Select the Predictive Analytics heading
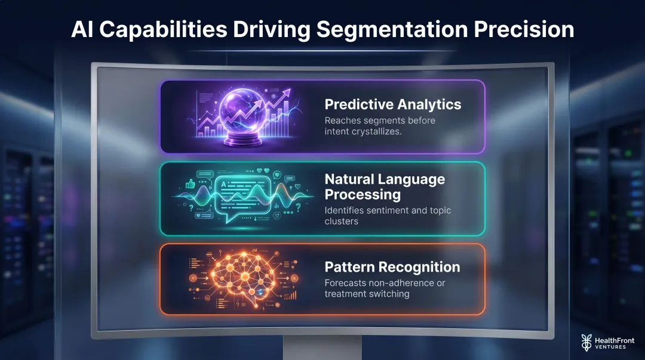pos(392,104)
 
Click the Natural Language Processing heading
pos(384,187)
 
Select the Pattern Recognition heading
pos(392,267)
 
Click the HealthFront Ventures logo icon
pos(586,341)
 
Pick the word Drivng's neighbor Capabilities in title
pos(164,29)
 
